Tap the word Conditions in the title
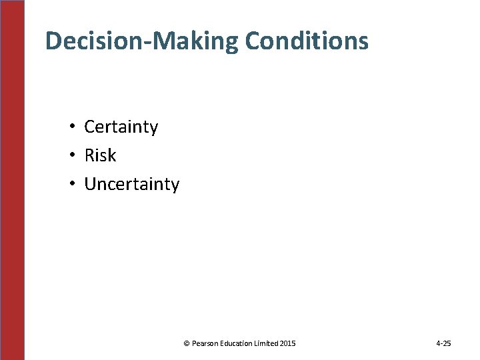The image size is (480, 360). [306, 41]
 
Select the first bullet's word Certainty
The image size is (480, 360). [121, 127]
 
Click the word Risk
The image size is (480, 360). [100, 156]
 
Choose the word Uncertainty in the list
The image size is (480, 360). [131, 185]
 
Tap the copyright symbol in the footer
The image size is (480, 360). [187, 343]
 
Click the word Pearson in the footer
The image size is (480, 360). [205, 343]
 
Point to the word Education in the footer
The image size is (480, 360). [237, 343]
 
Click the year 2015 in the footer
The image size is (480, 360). [289, 343]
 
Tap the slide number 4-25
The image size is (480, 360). [443, 343]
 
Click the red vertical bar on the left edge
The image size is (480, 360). [12, 180]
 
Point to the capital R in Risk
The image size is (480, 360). [89, 156]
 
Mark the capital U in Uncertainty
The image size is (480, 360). [90, 185]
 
